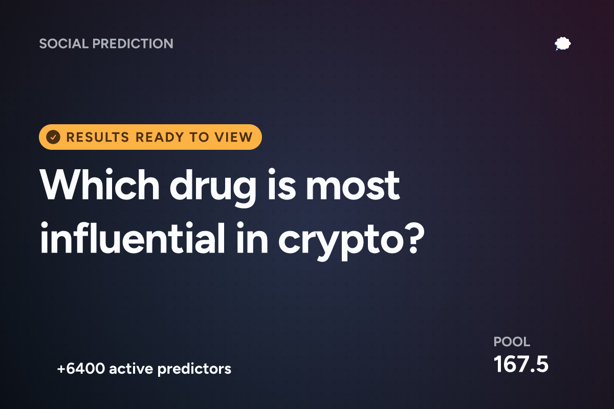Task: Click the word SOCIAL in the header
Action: pyautogui.click(x=64, y=43)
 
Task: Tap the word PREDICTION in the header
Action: pyautogui.click(x=133, y=43)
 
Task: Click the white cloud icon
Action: pyautogui.click(x=562, y=44)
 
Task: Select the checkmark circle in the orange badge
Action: pyautogui.click(x=53, y=137)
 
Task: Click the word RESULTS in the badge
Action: pyautogui.click(x=98, y=137)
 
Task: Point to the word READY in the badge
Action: pyautogui.click(x=160, y=137)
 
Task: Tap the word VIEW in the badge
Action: pyautogui.click(x=233, y=137)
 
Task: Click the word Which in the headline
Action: pyautogui.click(x=100, y=185)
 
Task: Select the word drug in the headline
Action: pyautogui.click(x=213, y=188)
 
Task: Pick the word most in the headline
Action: pyautogui.click(x=353, y=186)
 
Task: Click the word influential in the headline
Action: pyautogui.click(x=133, y=238)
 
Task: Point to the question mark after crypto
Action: pyautogui.click(x=415, y=238)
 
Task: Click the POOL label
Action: pyautogui.click(x=512, y=342)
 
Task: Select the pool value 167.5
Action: pyautogui.click(x=521, y=364)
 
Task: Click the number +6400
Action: pyautogui.click(x=81, y=369)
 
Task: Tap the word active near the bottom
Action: pyautogui.click(x=131, y=369)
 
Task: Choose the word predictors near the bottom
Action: pyautogui.click(x=194, y=369)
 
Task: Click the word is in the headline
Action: pyautogui.click(x=281, y=185)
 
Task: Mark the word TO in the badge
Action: pyautogui.click(x=199, y=137)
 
